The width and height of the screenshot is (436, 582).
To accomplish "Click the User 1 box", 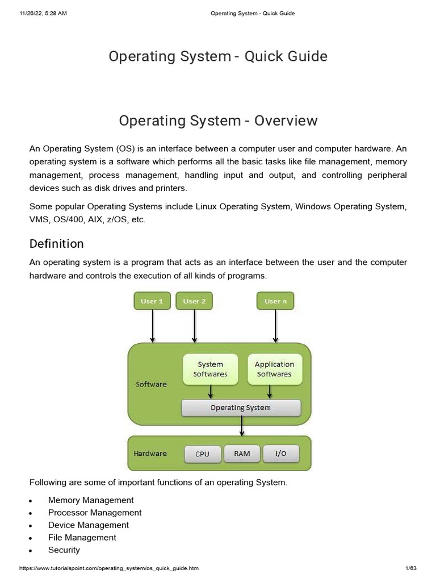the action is [x=152, y=301].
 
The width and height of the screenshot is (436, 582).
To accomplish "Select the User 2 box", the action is [x=194, y=301].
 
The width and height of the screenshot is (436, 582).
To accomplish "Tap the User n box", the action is [x=275, y=301].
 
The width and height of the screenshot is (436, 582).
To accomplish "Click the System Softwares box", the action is [x=210, y=369].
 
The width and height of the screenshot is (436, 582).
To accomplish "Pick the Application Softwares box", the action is [x=274, y=369].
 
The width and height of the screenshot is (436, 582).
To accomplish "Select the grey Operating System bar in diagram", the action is [x=241, y=408].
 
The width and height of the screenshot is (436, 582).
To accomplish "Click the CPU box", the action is [x=203, y=454].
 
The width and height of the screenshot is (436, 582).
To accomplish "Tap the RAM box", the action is [x=242, y=454].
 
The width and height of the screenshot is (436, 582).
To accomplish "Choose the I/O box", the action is [x=280, y=454].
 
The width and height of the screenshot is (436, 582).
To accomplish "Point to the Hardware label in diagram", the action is [x=150, y=453].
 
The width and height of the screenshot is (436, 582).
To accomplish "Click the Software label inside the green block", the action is [x=151, y=384].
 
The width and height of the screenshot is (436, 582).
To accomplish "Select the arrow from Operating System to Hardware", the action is [x=242, y=426].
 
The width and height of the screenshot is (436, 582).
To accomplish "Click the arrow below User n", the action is [x=275, y=326].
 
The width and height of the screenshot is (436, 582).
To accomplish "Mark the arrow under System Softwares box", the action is [x=211, y=392].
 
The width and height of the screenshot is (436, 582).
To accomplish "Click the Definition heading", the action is [x=56, y=243].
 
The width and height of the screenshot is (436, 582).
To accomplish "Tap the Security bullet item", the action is [x=64, y=550].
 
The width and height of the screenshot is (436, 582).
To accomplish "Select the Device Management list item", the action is [x=88, y=525].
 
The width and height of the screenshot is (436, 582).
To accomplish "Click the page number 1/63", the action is [x=411, y=568].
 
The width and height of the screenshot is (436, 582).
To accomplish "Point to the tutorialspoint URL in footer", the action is [x=108, y=568].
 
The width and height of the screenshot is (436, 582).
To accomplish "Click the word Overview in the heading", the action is [x=286, y=120].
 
